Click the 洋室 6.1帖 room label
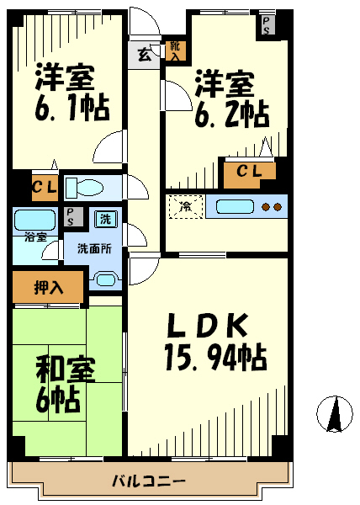[72, 93]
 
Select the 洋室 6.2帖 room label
[231, 99]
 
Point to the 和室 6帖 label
[64, 385]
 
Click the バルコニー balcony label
[148, 481]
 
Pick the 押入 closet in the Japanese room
[48, 287]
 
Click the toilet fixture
[84, 188]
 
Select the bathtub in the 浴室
[35, 221]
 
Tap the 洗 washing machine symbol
[105, 219]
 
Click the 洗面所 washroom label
[94, 248]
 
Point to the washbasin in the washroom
[106, 279]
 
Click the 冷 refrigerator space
[186, 207]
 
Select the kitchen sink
[235, 207]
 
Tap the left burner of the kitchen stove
[266, 207]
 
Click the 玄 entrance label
[144, 55]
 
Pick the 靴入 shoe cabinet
[175, 51]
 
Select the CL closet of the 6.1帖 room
[45, 188]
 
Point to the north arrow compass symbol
[335, 414]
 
